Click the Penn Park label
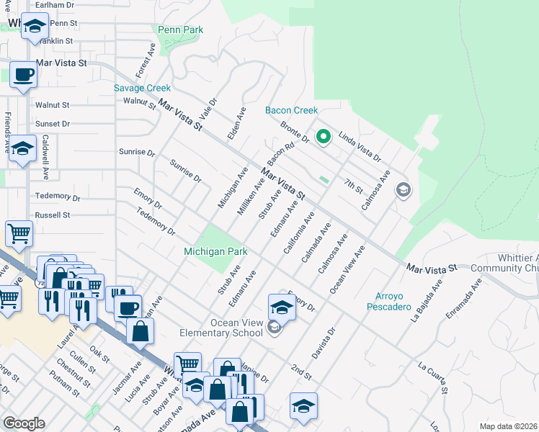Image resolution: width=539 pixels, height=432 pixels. coord(180,30)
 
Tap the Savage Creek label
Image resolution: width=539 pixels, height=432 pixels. coord(142,88)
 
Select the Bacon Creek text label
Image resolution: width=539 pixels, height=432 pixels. coord(291,110)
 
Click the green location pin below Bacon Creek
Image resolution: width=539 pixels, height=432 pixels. coord(324,135)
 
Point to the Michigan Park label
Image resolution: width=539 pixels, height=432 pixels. coord(215,251)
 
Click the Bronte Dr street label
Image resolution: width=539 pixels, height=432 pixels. coord(295,132)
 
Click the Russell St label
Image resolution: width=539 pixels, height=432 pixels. coord(53,215)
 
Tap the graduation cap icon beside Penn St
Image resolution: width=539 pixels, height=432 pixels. coord(34,28)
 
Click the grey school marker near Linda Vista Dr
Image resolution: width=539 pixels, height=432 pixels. coord(403,190)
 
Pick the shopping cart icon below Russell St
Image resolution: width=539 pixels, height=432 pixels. coord(19,233)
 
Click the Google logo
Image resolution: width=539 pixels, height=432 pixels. coord(24,423)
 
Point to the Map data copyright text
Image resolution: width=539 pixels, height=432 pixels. coord(508,426)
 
